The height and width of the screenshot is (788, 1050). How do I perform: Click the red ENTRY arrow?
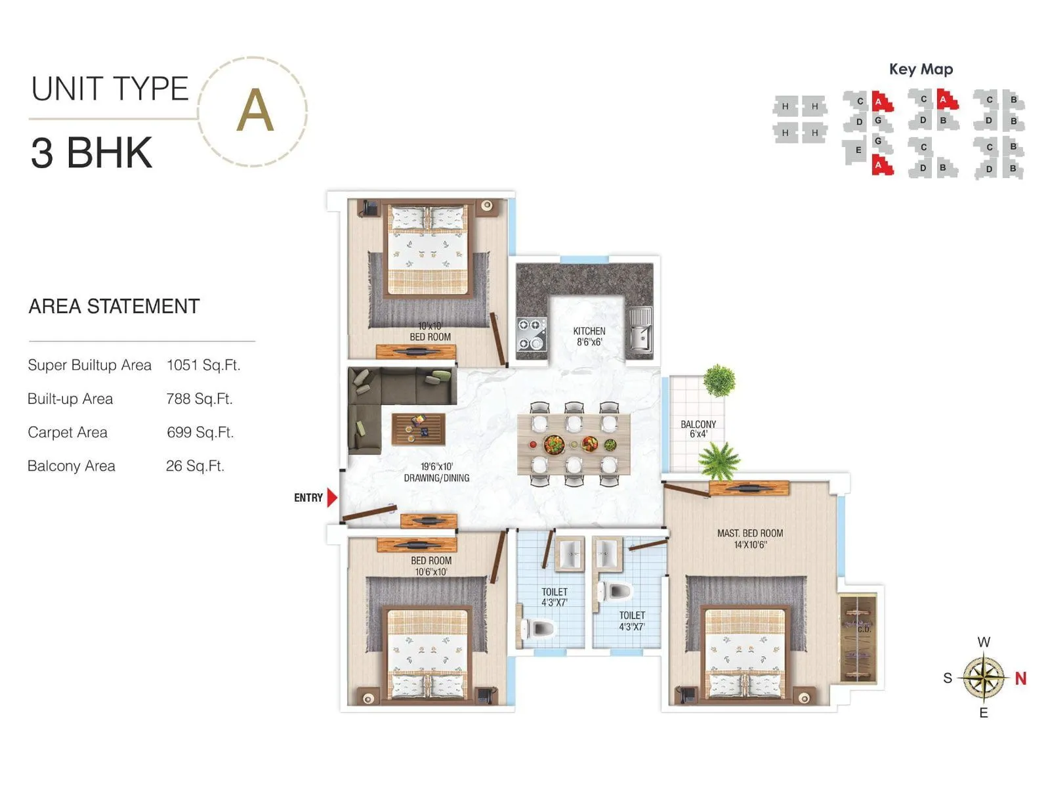332,498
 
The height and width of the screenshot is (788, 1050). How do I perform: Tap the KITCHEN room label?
589,332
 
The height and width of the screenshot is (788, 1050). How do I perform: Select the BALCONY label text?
698,425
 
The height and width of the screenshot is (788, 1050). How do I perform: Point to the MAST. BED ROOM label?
750,533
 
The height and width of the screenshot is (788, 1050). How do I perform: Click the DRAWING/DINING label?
436,478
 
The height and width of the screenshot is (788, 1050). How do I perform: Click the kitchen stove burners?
532,334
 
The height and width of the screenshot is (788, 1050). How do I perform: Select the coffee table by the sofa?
418,429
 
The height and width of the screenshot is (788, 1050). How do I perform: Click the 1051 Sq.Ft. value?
203,365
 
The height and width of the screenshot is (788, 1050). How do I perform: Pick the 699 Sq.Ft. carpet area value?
200,432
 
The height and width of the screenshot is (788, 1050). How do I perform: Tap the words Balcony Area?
72,466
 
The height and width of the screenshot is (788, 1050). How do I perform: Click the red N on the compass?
1020,678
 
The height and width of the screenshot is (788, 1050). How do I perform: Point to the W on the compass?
984,642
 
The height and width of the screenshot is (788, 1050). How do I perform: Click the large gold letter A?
255,110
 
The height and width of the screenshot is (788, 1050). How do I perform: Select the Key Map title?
921,69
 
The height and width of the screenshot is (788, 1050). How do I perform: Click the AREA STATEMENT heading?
114,306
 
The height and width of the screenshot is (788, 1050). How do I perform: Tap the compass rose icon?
984,678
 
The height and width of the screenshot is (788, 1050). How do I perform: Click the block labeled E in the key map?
858,150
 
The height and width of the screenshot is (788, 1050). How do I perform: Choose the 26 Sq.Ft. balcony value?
195,466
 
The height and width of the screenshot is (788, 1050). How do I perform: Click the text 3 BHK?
91,152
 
